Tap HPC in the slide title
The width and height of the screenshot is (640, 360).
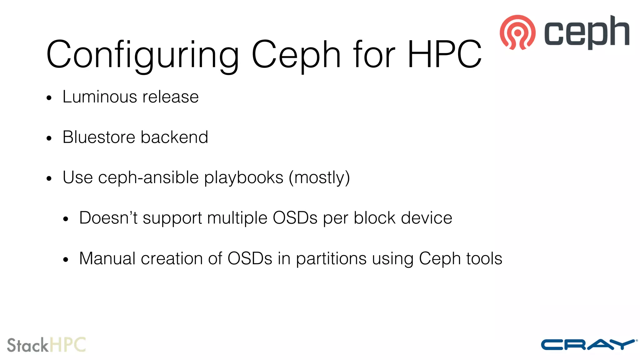point(444,54)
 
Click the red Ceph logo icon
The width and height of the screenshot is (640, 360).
point(517,32)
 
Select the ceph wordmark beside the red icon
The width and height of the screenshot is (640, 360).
point(587,32)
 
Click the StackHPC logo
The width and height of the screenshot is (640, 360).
point(46,345)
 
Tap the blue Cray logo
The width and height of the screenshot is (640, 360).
point(589,345)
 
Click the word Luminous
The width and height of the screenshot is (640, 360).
point(100,97)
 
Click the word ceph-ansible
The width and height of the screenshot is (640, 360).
point(148,177)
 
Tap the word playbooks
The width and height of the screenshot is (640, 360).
point(244,177)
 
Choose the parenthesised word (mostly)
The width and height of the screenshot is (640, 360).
point(319,177)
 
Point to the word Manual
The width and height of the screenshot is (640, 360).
point(107,258)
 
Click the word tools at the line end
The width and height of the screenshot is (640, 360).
point(484,258)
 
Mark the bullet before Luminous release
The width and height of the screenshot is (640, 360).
point(49,98)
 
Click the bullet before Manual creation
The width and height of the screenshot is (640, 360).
point(65,260)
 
